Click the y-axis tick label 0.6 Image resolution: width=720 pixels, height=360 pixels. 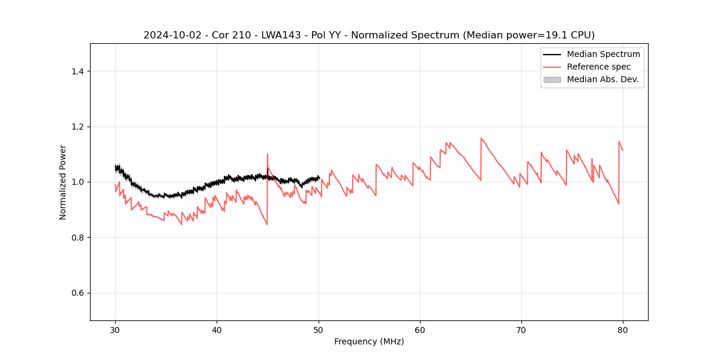77,293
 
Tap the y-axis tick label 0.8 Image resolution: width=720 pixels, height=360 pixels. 77,238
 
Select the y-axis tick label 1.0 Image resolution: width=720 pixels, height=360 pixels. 77,182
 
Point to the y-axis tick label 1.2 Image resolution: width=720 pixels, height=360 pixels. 77,127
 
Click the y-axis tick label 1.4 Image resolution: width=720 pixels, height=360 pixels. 77,71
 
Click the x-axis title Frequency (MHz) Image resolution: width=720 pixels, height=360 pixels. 369,341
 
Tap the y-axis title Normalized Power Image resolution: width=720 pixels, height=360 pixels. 63,182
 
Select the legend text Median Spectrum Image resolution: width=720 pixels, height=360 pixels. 603,54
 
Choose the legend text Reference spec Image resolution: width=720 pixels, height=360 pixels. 598,67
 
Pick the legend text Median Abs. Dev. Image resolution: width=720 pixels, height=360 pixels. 602,79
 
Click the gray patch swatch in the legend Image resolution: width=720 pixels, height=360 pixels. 552,79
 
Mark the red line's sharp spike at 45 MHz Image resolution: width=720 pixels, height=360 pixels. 268,154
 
